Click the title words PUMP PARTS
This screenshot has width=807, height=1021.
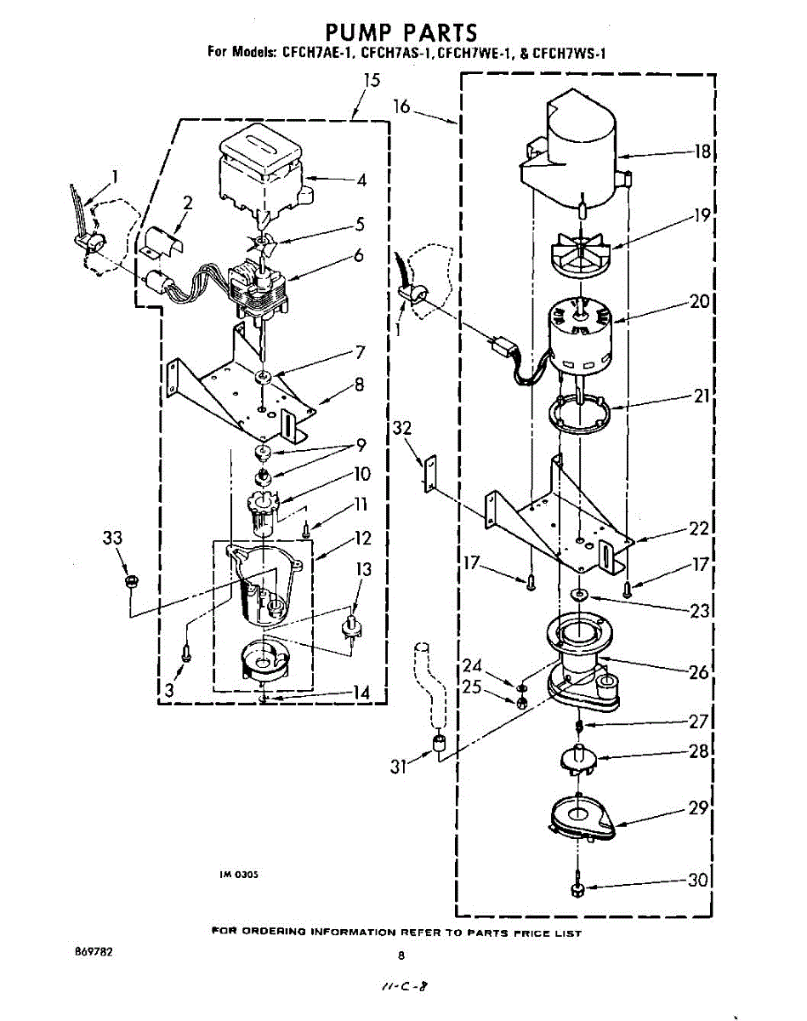[x=403, y=32]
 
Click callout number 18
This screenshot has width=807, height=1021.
[x=702, y=152]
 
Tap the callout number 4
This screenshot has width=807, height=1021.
[x=361, y=180]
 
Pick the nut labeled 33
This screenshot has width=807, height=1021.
[x=131, y=582]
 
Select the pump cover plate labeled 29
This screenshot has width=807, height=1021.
[x=578, y=818]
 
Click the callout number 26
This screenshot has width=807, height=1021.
[x=699, y=672]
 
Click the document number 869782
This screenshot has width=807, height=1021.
[x=94, y=953]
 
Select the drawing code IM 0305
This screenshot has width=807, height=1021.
[x=239, y=874]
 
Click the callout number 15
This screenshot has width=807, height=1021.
[x=372, y=81]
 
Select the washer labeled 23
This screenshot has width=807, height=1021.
[x=578, y=593]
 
